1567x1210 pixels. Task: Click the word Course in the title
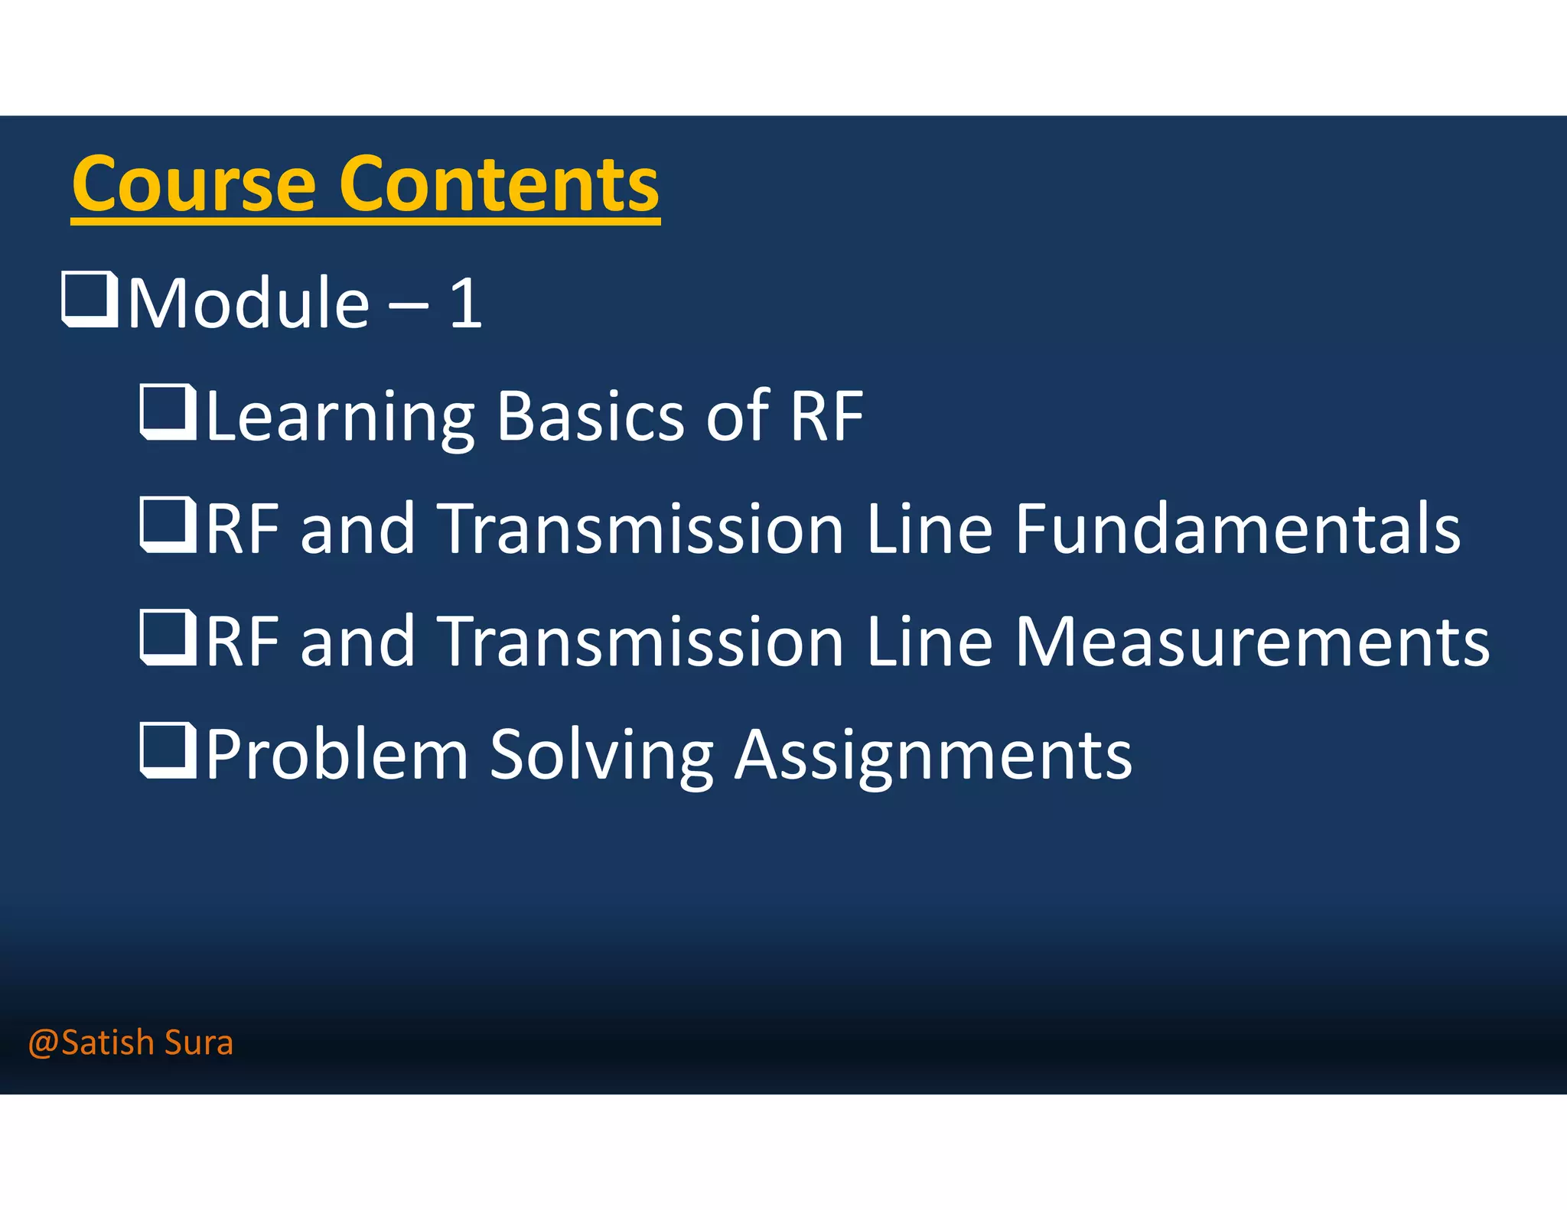194,184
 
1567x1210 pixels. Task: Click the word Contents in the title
498,184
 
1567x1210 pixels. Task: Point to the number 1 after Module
466,304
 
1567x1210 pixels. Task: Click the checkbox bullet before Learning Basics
168,413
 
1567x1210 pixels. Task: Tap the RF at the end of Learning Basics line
826,417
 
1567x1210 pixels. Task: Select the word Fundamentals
1237,529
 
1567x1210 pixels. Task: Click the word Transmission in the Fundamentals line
643,529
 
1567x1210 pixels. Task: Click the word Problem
337,756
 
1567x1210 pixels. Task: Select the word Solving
601,756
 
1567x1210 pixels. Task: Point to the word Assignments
933,756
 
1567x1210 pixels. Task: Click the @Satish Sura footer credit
130,1042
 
